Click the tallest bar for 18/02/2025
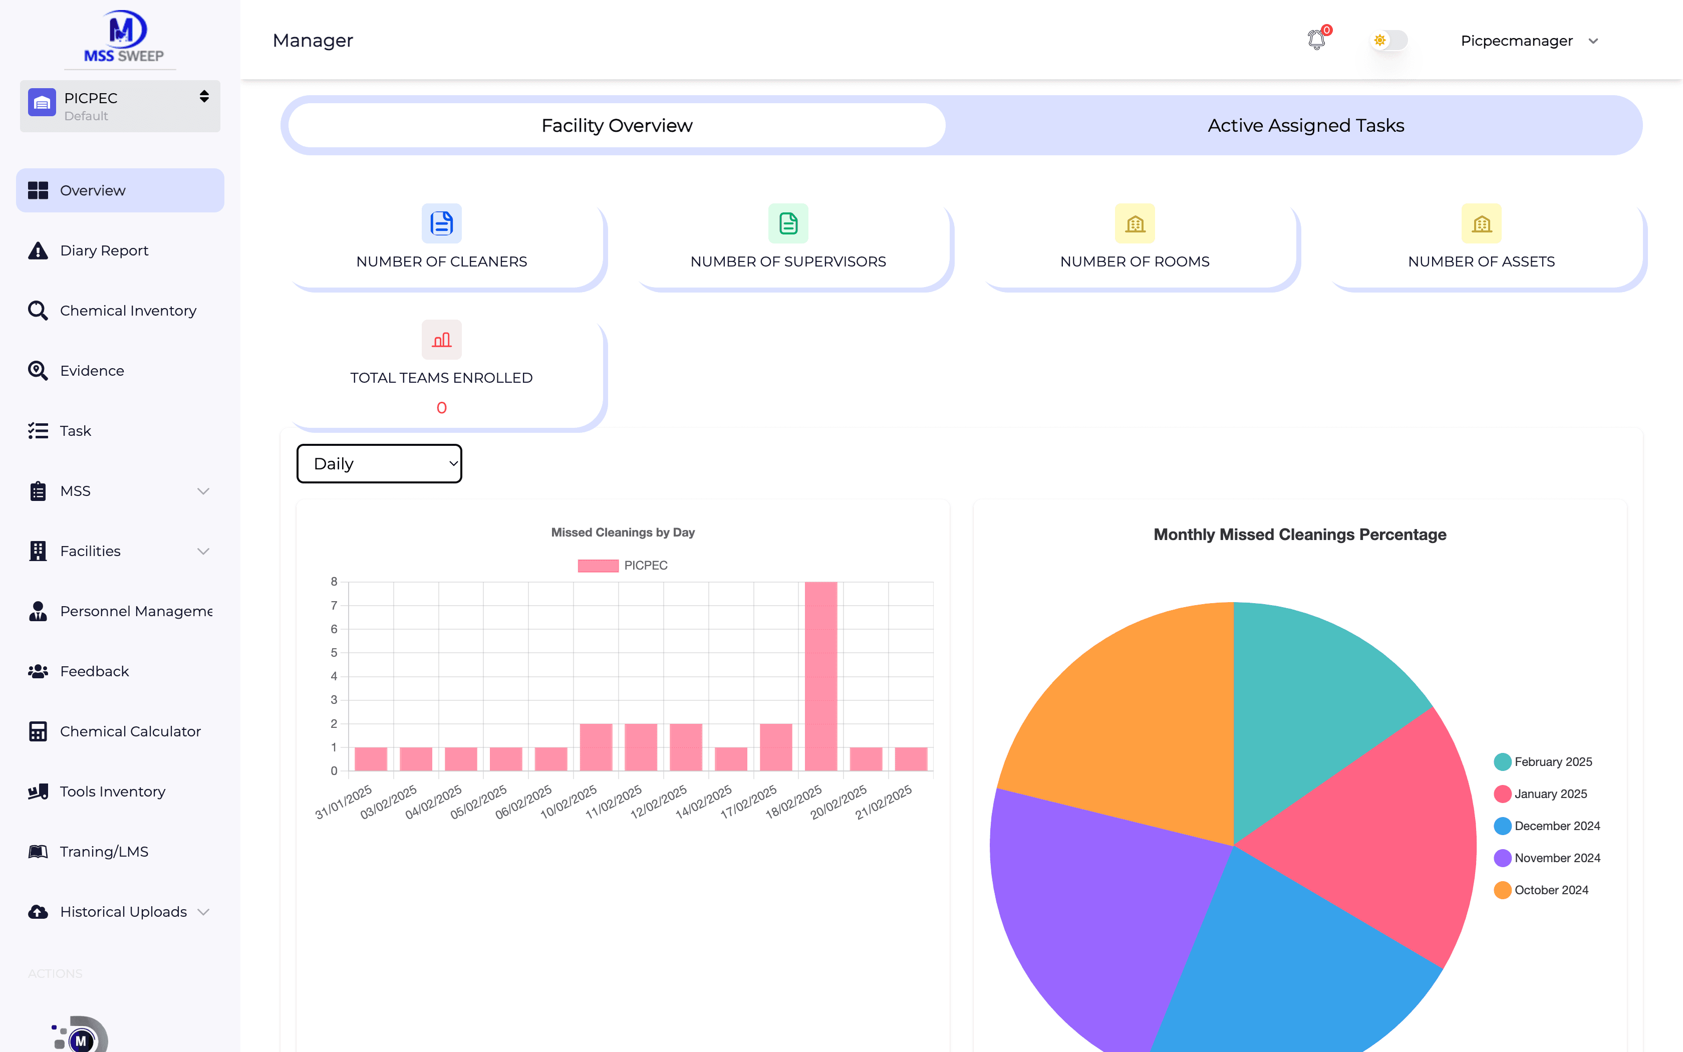point(820,676)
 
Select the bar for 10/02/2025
point(596,747)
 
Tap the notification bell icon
point(1316,40)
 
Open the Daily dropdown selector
point(379,463)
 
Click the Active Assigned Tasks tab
point(1305,125)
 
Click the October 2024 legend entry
point(1541,890)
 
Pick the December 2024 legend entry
point(1547,826)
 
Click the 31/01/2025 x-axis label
point(344,802)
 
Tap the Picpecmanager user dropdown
point(1529,41)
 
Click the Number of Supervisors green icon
point(788,223)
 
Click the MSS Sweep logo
point(123,36)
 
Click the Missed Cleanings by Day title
point(623,532)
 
